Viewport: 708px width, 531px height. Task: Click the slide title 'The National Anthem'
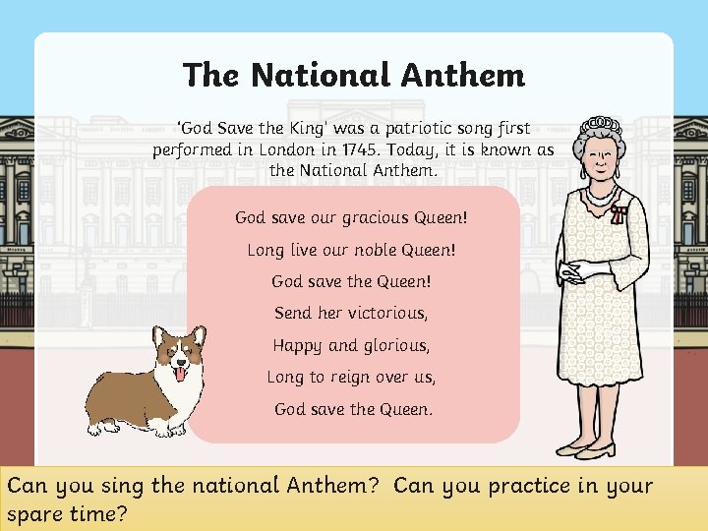pyautogui.click(x=354, y=75)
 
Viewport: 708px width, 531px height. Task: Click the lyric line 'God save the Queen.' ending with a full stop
pyautogui.click(x=353, y=409)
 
